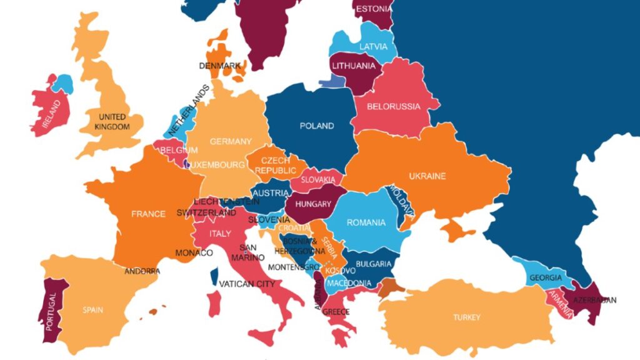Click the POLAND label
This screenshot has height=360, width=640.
[317, 126]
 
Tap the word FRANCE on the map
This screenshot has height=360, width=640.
[148, 214]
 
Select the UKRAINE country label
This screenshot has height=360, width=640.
[427, 176]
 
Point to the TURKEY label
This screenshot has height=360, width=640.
[467, 317]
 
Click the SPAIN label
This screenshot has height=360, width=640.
[93, 309]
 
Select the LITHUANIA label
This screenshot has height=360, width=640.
[354, 66]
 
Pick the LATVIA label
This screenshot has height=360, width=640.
[373, 46]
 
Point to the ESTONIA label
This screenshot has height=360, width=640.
[374, 9]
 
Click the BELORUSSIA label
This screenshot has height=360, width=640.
[394, 106]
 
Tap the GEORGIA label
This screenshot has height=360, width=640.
[546, 277]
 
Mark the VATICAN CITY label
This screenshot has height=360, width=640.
[247, 284]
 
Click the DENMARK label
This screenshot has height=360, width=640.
[220, 66]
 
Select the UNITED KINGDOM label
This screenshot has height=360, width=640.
[112, 122]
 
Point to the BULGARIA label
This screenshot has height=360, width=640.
[375, 264]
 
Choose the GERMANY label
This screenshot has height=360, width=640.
[231, 141]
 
